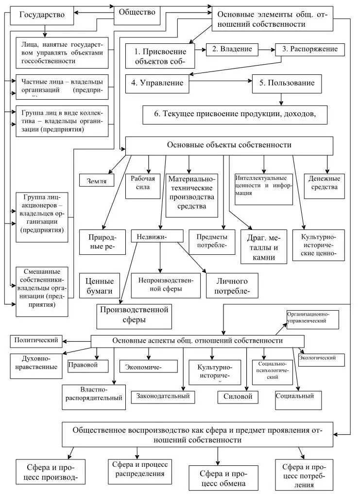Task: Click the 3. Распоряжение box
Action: [x=310, y=50]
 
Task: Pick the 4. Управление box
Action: [x=157, y=83]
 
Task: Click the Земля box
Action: [x=97, y=181]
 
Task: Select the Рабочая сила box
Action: [x=143, y=185]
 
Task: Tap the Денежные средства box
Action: [x=324, y=186]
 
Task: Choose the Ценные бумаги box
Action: [x=100, y=286]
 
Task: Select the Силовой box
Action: [x=238, y=396]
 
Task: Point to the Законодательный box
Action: [x=163, y=396]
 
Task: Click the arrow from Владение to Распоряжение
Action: [x=266, y=49]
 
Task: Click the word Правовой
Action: [x=83, y=365]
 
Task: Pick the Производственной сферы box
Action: [x=134, y=315]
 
